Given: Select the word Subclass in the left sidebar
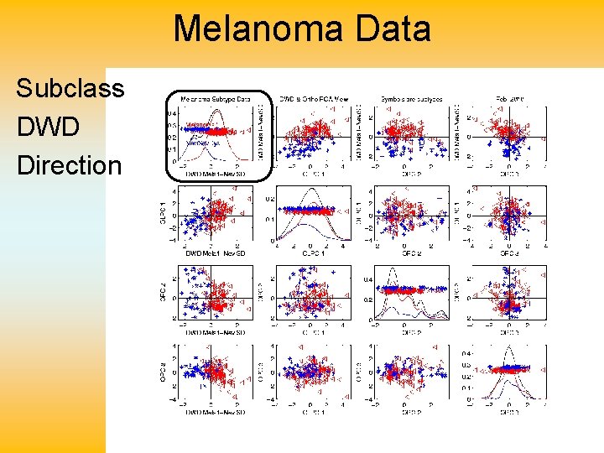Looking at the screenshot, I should pyautogui.click(x=70, y=88).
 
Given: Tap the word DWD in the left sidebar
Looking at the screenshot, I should pyautogui.click(x=49, y=127).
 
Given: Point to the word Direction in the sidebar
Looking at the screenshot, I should pyautogui.click(x=69, y=165).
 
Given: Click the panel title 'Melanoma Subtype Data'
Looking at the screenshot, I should pyautogui.click(x=216, y=99).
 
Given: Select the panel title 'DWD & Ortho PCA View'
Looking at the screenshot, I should pyautogui.click(x=313, y=99).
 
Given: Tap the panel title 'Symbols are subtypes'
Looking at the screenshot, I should pyautogui.click(x=411, y=99).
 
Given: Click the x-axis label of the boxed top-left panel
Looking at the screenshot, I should pyautogui.click(x=216, y=174).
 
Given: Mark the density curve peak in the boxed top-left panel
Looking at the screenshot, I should pyautogui.click(x=217, y=109).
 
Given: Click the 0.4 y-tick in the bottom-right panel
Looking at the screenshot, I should pyautogui.click(x=466, y=353).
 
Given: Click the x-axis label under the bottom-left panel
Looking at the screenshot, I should pyautogui.click(x=216, y=412).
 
